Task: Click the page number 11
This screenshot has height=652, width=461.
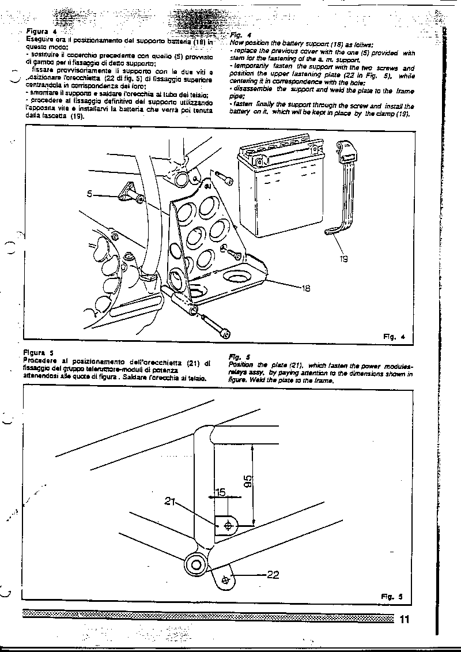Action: pos(403,620)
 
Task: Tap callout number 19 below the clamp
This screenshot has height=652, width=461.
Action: pos(343,259)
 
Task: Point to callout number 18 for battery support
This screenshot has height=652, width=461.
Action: pos(305,288)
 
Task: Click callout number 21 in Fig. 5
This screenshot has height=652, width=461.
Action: pos(169,502)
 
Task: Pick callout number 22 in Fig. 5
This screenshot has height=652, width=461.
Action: pos(273,574)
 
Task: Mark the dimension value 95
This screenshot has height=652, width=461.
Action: pos(247,482)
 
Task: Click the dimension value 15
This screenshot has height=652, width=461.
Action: pos(220,493)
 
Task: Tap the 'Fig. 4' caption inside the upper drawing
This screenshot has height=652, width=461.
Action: pos(395,336)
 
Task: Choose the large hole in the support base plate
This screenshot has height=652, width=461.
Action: pos(238,278)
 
